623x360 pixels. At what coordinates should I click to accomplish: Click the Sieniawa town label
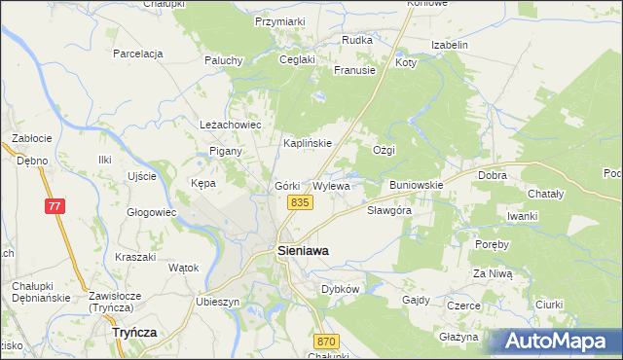point(303,250)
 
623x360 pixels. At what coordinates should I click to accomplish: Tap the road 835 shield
point(299,201)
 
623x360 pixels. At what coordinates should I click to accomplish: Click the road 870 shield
point(326,341)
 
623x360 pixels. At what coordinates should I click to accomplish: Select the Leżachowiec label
point(232,126)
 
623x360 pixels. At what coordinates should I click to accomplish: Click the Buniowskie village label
point(417,184)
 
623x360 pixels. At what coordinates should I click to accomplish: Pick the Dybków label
point(341,289)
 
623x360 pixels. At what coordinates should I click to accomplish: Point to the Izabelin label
point(450,45)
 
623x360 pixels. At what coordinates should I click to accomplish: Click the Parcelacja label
point(137,54)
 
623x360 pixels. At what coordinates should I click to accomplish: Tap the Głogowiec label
point(151,211)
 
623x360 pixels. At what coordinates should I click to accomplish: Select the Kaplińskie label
point(308,143)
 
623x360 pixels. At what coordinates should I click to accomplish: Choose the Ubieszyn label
point(217,302)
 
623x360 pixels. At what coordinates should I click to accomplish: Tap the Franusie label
point(354,70)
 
